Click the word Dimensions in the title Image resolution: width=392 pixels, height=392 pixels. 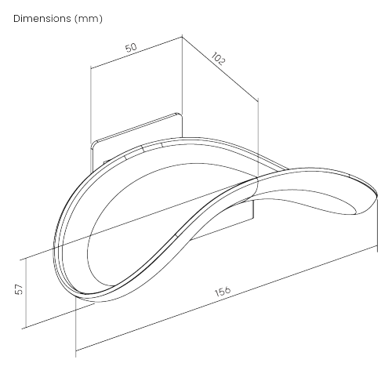[42, 19]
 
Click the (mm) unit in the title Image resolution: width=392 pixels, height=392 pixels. [89, 19]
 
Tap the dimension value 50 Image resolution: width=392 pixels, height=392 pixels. [131, 48]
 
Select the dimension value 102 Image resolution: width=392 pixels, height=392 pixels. [217, 59]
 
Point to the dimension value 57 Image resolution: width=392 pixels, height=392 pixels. [19, 289]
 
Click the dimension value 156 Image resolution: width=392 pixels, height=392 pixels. [223, 291]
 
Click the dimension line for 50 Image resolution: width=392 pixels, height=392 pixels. [136, 53]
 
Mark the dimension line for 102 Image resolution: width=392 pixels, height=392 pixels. [220, 68]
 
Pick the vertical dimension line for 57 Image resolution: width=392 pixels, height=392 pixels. [26, 293]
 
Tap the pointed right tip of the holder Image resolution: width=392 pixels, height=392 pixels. [377, 195]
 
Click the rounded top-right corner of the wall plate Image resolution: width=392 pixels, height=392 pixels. [179, 114]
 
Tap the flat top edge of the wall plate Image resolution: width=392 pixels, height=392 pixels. [136, 128]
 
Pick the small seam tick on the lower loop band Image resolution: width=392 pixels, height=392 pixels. [176, 236]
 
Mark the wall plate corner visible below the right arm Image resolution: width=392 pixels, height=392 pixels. [253, 217]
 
